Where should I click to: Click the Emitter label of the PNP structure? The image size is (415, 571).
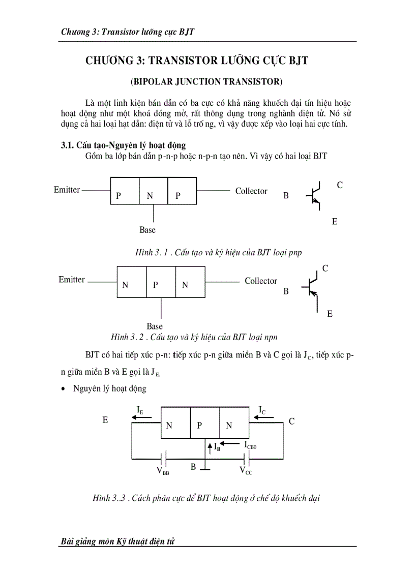67,190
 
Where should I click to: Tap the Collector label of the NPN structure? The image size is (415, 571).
261,281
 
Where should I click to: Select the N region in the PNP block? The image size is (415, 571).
150,196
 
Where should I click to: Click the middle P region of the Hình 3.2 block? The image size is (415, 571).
156,285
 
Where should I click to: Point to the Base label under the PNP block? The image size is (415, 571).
147,230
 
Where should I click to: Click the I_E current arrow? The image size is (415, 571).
141,418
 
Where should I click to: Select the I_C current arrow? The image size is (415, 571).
263,418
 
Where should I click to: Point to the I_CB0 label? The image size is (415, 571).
250,445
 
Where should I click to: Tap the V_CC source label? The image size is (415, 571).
246,471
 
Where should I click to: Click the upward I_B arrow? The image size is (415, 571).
210,447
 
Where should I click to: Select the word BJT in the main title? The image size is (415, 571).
297,61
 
